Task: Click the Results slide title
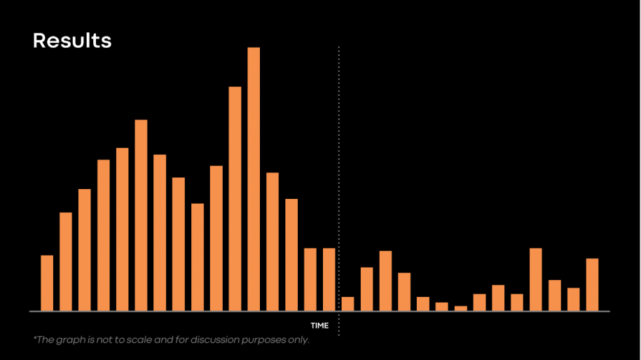pyautogui.click(x=71, y=41)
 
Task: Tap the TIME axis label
pyautogui.click(x=319, y=326)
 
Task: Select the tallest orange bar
pyautogui.click(x=254, y=179)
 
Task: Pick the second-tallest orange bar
pyautogui.click(x=235, y=198)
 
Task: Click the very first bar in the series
pyautogui.click(x=47, y=283)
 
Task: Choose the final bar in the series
pyautogui.click(x=592, y=284)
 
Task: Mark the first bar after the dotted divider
pyautogui.click(x=347, y=304)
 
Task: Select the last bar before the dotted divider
pyautogui.click(x=329, y=279)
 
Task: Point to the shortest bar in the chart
pyautogui.click(x=460, y=308)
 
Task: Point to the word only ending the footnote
pyautogui.click(x=299, y=340)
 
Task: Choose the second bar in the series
pyautogui.click(x=66, y=261)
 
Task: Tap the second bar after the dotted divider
pyautogui.click(x=366, y=289)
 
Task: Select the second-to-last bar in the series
pyautogui.click(x=573, y=299)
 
